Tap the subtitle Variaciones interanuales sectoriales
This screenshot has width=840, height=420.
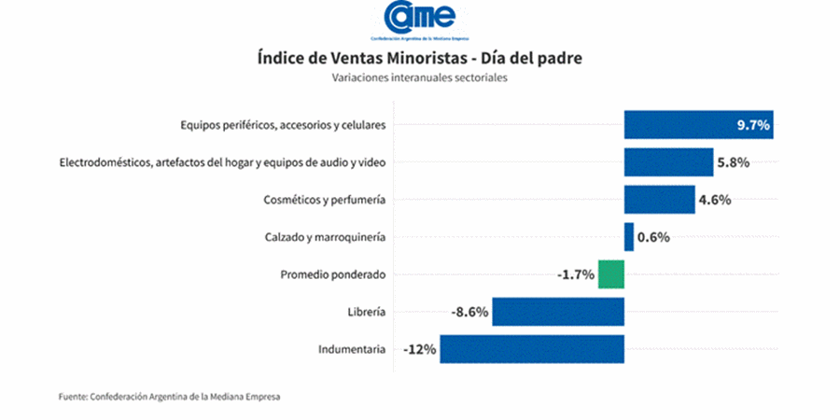tap(419, 78)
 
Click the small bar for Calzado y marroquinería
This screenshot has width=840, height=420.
tap(629, 236)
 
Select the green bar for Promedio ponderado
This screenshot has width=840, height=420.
tap(611, 274)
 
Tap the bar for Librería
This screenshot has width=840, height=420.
tap(558, 312)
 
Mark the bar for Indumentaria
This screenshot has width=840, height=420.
tap(532, 349)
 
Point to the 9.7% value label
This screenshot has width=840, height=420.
tap(752, 125)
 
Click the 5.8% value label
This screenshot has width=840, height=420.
tap(734, 162)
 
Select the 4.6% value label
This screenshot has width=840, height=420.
tap(715, 200)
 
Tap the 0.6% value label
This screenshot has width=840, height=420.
tap(653, 237)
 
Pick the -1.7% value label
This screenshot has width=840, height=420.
tap(575, 274)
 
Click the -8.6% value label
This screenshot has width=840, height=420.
tap(469, 312)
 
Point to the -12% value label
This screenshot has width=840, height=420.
tap(420, 350)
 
